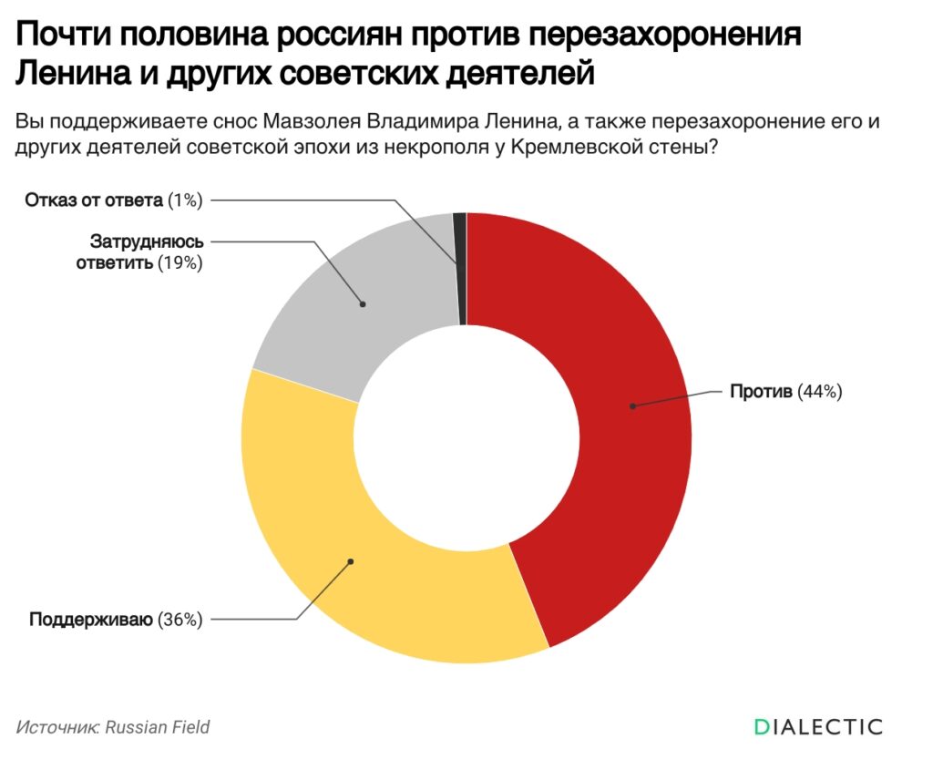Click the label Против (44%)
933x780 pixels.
click(x=786, y=392)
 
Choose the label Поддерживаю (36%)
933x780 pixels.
click(x=116, y=620)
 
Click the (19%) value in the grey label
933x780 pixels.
click(x=179, y=264)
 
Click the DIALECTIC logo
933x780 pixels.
click(x=818, y=726)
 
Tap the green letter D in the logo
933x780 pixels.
click(x=762, y=726)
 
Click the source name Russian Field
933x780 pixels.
click(x=158, y=727)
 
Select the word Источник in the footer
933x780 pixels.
click(x=56, y=727)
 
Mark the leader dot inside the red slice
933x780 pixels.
click(x=631, y=405)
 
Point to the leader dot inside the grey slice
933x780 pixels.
click(x=363, y=303)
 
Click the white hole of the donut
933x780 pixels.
click(x=466, y=437)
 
